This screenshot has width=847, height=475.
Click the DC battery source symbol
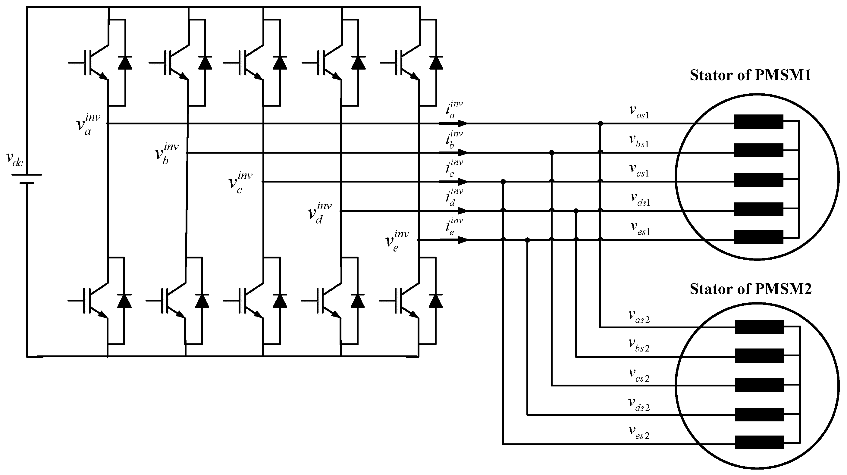point(27,179)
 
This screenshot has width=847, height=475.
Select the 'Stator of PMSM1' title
point(750,75)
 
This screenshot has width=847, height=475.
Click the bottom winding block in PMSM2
point(759,442)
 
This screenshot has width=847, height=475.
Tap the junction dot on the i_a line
point(601,123)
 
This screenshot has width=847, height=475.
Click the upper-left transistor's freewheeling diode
point(125,62)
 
